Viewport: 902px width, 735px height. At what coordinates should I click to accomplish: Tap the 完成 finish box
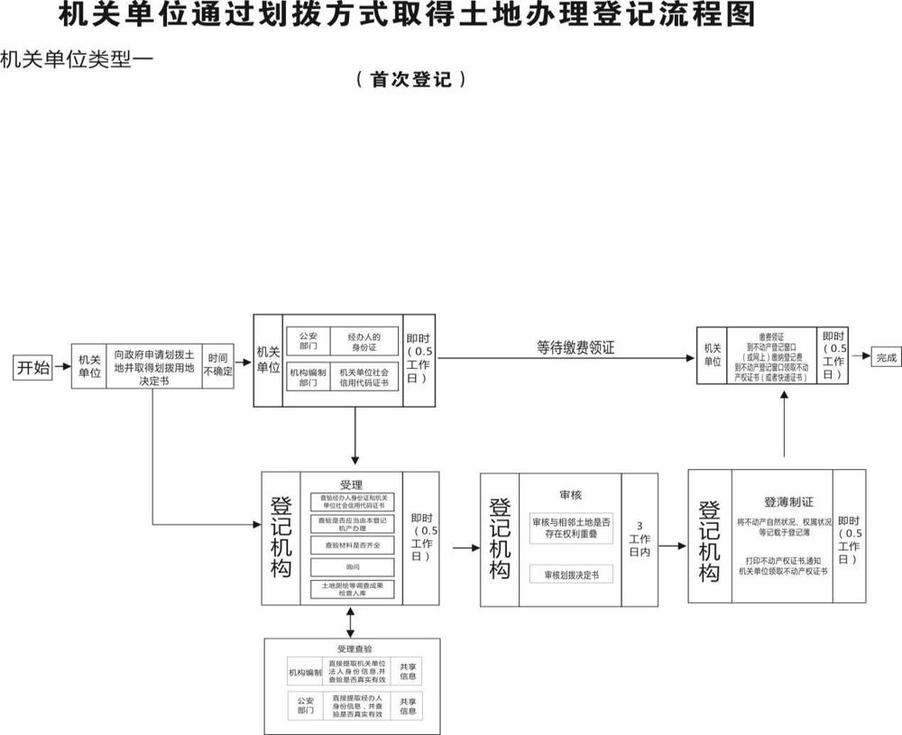[887, 358]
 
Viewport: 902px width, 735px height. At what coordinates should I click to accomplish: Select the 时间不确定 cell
[218, 365]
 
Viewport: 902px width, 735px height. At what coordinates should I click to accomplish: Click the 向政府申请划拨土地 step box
[153, 365]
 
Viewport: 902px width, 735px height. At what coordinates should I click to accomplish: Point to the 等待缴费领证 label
[575, 346]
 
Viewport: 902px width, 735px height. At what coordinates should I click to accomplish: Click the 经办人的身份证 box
[370, 343]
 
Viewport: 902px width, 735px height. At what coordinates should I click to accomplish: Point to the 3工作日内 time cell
[640, 538]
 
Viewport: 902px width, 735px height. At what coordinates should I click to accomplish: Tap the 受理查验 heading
[354, 648]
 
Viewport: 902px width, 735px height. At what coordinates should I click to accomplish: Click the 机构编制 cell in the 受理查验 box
[305, 672]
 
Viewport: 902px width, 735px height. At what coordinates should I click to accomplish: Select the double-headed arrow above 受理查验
[351, 621]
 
